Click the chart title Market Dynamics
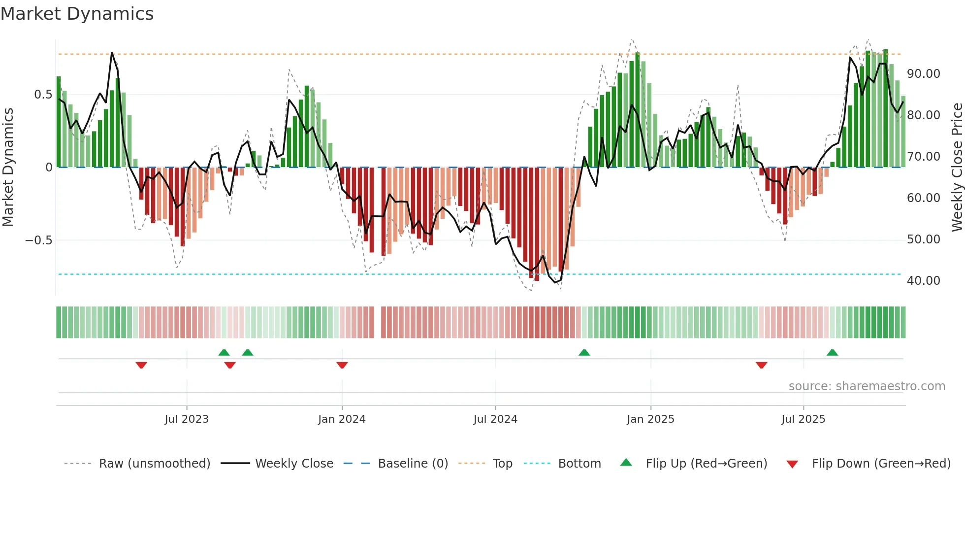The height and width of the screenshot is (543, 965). click(77, 14)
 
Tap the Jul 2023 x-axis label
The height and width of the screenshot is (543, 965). click(187, 419)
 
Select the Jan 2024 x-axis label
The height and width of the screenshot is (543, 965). click(342, 419)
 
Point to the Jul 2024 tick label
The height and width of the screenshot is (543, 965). click(495, 419)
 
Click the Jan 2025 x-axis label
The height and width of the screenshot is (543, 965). click(650, 419)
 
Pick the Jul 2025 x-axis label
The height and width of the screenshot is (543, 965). click(803, 419)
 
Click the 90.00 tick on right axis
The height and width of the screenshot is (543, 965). click(923, 74)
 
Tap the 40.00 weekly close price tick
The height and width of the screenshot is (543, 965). click(923, 281)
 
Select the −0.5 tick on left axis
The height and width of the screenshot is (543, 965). click(39, 240)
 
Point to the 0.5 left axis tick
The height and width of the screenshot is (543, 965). click(43, 95)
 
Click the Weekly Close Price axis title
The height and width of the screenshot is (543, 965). click(957, 167)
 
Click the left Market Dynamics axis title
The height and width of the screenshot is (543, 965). click(8, 167)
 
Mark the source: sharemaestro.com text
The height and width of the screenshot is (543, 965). click(867, 386)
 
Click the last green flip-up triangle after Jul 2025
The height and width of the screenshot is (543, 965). click(832, 353)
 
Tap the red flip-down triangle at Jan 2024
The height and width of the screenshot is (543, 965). click(342, 365)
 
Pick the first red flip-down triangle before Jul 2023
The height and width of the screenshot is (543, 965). click(141, 365)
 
